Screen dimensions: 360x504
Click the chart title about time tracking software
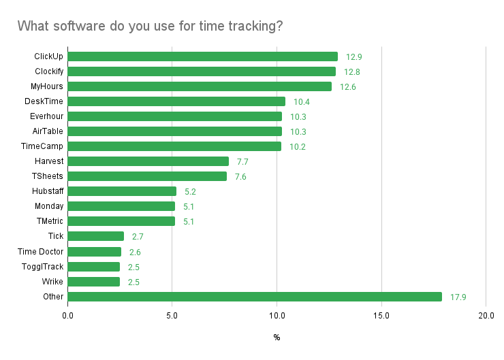(x=150, y=26)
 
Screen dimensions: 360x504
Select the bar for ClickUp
(x=202, y=56)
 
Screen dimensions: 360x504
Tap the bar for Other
(x=255, y=297)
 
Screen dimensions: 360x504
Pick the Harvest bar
(x=148, y=161)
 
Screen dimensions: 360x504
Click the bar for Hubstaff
(x=122, y=191)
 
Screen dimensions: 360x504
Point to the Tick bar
(x=96, y=236)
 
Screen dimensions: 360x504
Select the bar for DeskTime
(x=176, y=101)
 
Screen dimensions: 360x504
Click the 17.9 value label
(x=458, y=297)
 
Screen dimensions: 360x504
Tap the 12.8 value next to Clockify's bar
(x=351, y=71)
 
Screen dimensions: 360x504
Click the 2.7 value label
(x=138, y=236)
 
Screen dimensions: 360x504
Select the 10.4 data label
(x=301, y=101)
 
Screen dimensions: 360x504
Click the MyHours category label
(x=47, y=86)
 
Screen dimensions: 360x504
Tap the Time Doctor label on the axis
(x=41, y=252)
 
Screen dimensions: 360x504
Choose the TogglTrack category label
(x=43, y=267)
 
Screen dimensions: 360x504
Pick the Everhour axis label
(x=47, y=116)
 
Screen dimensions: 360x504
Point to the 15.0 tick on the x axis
(x=381, y=316)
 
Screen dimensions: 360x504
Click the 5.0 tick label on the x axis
(x=172, y=316)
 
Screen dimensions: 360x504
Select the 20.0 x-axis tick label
(x=486, y=316)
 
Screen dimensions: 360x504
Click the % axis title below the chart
(x=277, y=338)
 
